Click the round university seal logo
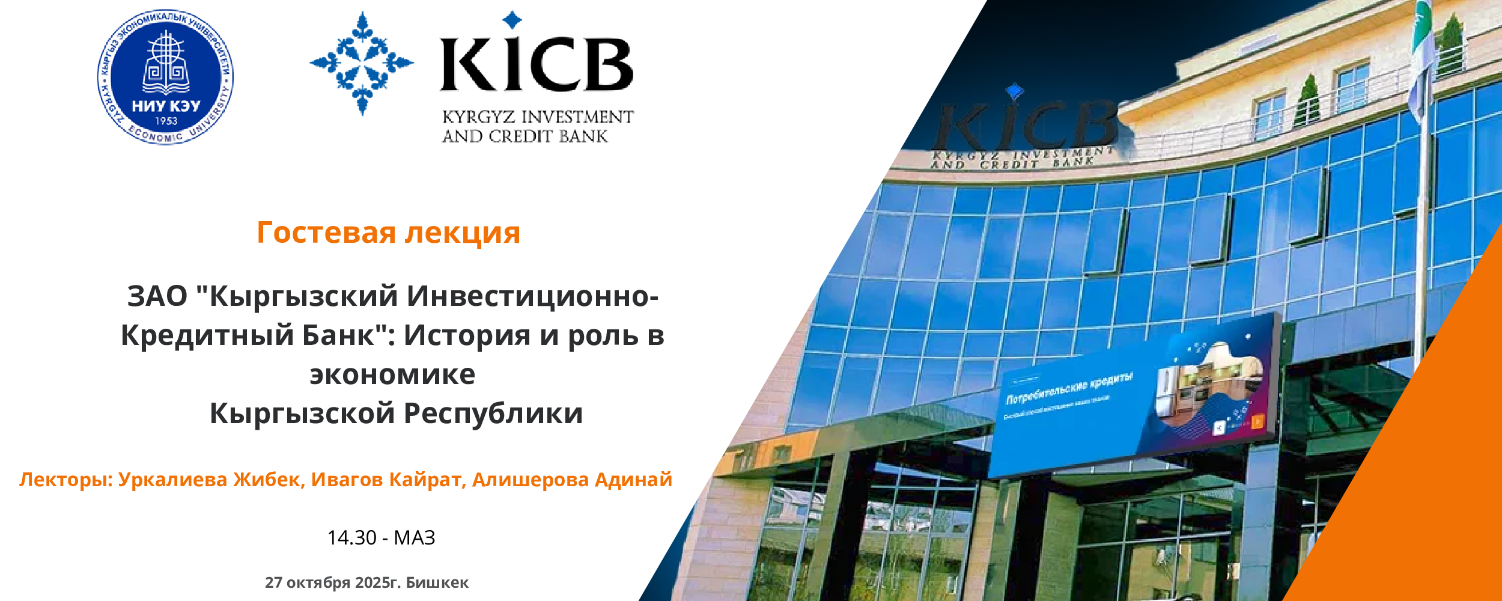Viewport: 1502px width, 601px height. pyautogui.click(x=165, y=77)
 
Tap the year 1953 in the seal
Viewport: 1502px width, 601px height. pyautogui.click(x=166, y=121)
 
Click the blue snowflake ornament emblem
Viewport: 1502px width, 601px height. pyautogui.click(x=362, y=63)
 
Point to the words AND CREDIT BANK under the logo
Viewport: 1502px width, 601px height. pyautogui.click(x=524, y=137)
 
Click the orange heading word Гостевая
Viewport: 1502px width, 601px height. pyautogui.click(x=326, y=233)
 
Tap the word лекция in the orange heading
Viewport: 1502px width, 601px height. pyautogui.click(x=462, y=233)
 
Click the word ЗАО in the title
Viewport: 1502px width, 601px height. pyautogui.click(x=157, y=296)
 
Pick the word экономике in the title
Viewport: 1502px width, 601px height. pyautogui.click(x=392, y=374)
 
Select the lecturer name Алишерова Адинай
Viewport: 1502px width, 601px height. pyautogui.click(x=572, y=480)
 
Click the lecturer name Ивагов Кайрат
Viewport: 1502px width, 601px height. pyautogui.click(x=388, y=480)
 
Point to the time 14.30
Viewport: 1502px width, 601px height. pyautogui.click(x=351, y=537)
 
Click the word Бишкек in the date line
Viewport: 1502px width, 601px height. pyautogui.click(x=437, y=582)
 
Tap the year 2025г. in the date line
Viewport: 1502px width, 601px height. pyautogui.click(x=377, y=582)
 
